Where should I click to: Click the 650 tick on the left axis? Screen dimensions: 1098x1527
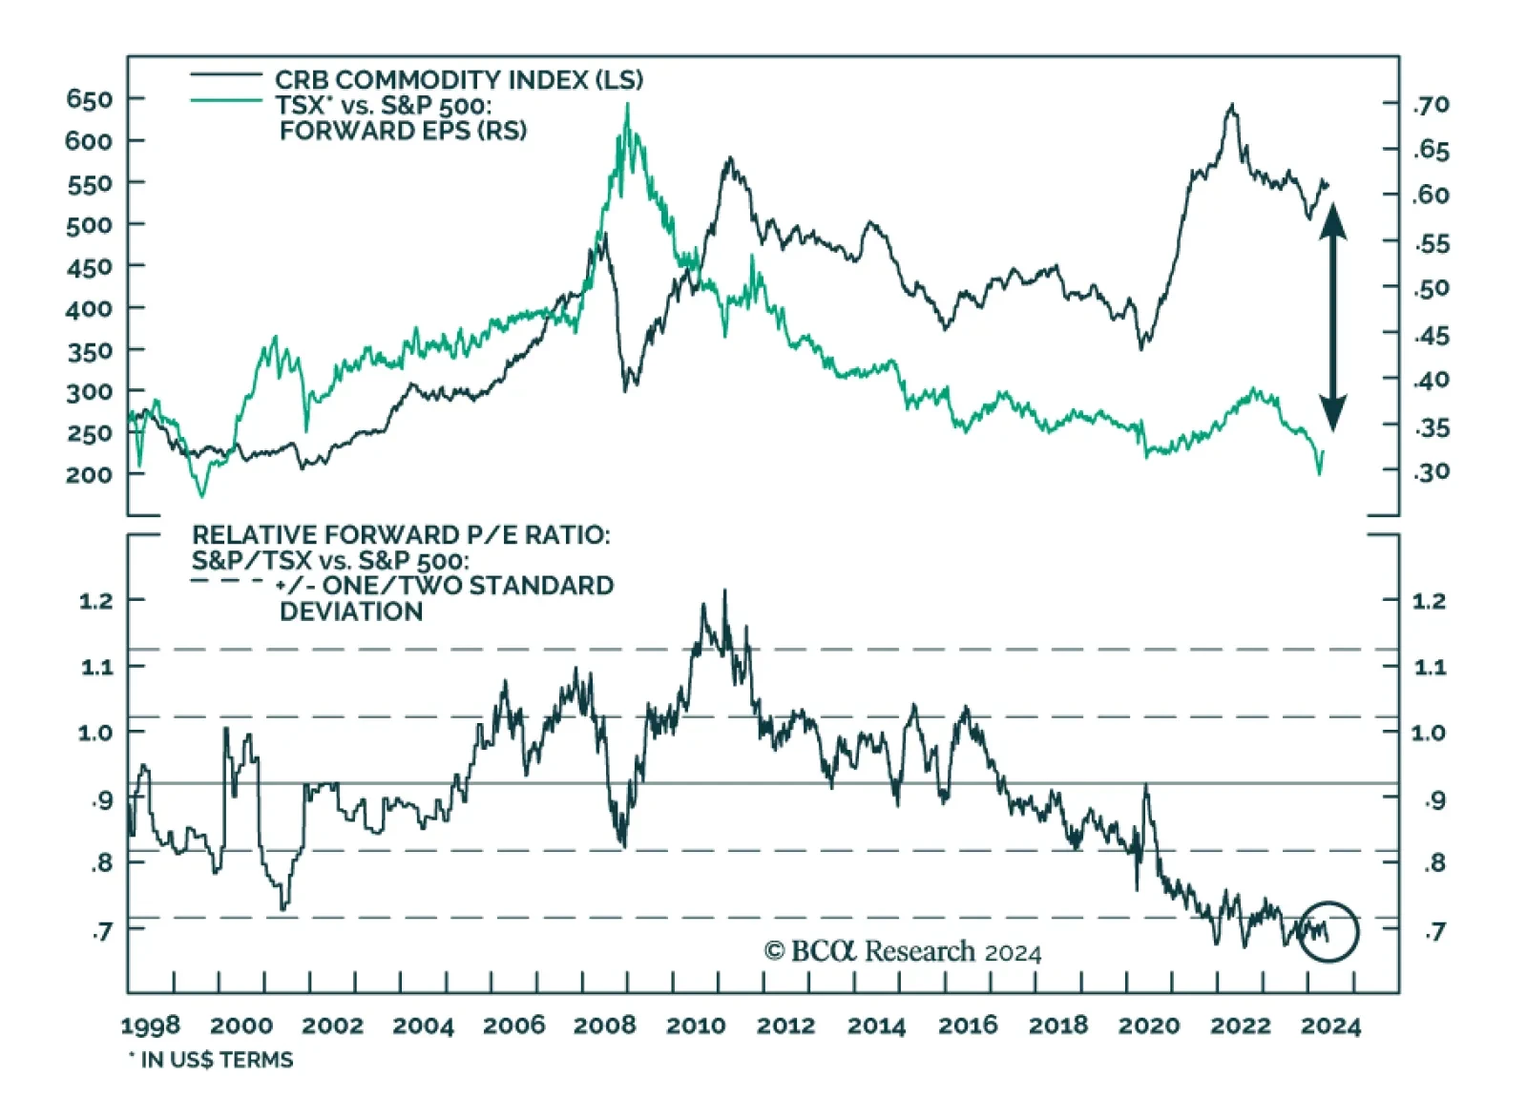point(90,99)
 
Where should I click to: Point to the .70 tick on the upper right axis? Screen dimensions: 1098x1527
point(1432,104)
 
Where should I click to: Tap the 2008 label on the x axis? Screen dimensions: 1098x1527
point(604,1025)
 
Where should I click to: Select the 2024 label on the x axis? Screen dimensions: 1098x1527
point(1330,1025)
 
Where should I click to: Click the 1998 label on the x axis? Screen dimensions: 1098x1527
point(150,1025)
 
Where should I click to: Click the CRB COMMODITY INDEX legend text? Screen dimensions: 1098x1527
point(458,79)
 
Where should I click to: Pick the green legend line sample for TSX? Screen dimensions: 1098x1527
point(226,100)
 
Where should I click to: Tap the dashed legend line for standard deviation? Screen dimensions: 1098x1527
point(226,581)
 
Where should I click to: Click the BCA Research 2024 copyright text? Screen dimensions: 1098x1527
point(902,951)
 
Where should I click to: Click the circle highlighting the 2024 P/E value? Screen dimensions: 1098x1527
point(1328,930)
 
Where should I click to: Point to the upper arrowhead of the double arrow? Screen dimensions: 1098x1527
point(1333,220)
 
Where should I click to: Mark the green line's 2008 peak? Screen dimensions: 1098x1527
point(627,105)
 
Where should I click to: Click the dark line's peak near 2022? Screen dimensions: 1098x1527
point(1232,106)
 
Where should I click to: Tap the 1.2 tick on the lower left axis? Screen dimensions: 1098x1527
point(95,601)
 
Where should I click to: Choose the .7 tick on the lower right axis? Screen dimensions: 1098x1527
point(1433,931)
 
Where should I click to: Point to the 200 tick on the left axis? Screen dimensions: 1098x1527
point(90,474)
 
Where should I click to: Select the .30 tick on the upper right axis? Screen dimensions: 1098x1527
point(1432,471)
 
